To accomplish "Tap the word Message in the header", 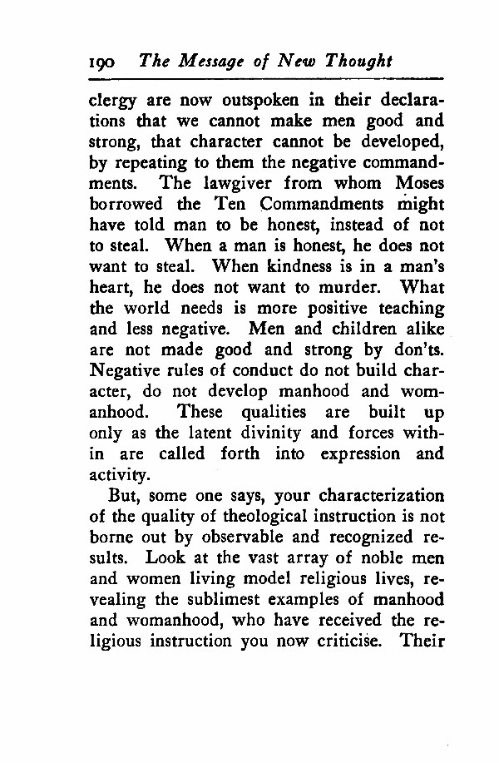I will coord(213,61).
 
